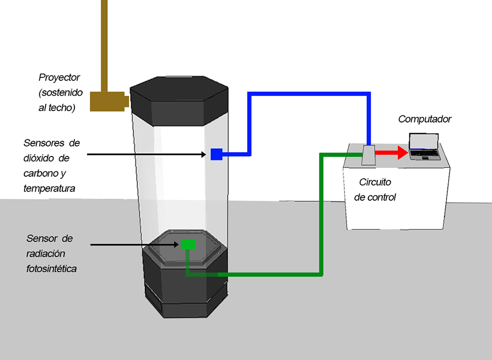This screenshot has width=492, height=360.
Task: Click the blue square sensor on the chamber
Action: click(x=216, y=154)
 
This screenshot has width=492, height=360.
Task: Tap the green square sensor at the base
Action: click(x=188, y=244)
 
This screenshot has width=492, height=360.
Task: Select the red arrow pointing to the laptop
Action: click(x=392, y=153)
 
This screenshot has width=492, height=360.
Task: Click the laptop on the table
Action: click(x=424, y=147)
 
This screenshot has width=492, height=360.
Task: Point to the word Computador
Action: click(x=425, y=119)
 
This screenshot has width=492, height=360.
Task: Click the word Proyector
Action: click(x=59, y=78)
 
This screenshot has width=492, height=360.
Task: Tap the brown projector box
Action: click(x=108, y=101)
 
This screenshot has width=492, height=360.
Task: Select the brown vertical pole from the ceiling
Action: click(x=104, y=44)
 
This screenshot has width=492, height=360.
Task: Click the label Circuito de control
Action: click(x=374, y=189)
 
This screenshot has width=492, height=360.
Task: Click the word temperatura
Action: click(x=49, y=189)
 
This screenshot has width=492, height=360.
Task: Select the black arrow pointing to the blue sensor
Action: click(x=148, y=154)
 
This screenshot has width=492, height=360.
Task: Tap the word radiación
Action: click(x=46, y=253)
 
